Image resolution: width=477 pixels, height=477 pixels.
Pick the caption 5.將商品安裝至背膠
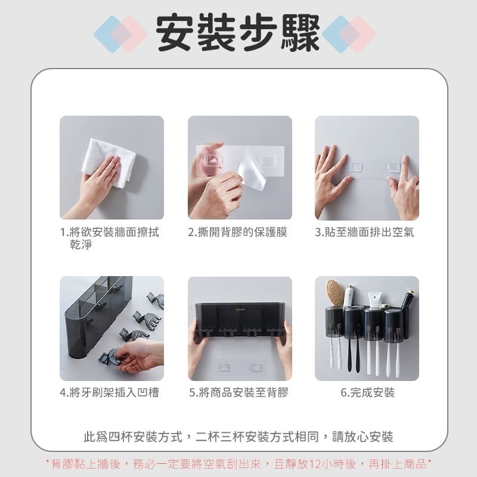click(x=238, y=392)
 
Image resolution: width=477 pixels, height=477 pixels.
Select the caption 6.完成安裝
click(x=367, y=392)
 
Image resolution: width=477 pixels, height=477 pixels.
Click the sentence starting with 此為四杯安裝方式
click(x=238, y=436)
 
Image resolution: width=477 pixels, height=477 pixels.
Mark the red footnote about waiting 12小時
click(x=238, y=463)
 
